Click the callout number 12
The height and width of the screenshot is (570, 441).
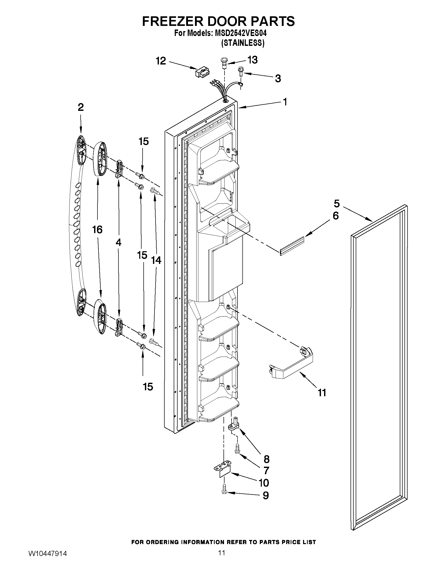tap(161, 61)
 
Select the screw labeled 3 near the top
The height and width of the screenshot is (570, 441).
tap(240, 71)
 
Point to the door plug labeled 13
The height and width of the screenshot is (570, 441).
tap(223, 63)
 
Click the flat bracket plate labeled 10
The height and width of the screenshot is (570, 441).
tap(223, 470)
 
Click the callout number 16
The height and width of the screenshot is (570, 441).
tap(97, 230)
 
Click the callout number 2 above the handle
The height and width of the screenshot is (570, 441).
tap(80, 107)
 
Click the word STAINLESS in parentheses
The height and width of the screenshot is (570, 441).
tap(243, 43)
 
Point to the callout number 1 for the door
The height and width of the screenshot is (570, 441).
tap(285, 102)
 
